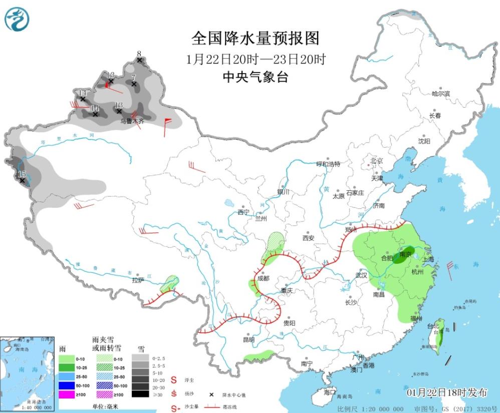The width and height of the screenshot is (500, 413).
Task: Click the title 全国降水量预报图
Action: [255, 39]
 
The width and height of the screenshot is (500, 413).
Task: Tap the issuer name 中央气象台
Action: [255, 77]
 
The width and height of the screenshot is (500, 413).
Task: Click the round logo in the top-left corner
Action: [17, 19]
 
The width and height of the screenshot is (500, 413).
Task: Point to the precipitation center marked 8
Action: [139, 54]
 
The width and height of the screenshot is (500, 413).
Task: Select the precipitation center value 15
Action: [22, 174]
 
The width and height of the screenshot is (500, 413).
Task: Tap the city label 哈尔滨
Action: [441, 94]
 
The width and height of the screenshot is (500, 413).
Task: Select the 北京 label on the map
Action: [376, 161]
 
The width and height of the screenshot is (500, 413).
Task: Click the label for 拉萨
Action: [138, 280]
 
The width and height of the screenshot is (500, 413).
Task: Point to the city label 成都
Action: [263, 278]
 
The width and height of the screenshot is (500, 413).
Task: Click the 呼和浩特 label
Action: [328, 164]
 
